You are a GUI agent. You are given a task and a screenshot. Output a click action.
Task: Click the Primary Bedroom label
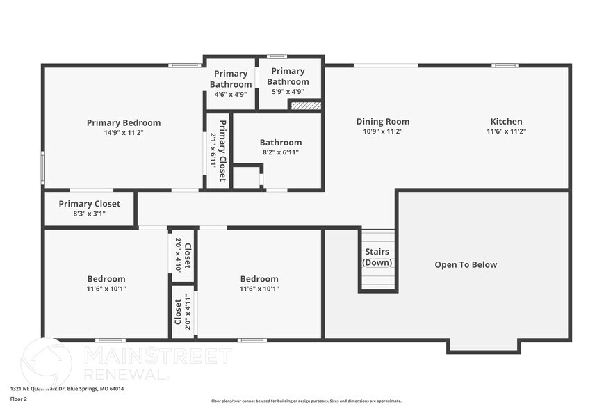point(124,123)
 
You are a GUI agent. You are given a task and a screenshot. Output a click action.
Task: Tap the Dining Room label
point(382,122)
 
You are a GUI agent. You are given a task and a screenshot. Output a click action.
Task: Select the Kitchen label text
point(506,122)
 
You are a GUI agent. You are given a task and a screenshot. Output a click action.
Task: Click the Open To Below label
point(466,264)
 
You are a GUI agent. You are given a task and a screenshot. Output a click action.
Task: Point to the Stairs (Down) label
point(377,257)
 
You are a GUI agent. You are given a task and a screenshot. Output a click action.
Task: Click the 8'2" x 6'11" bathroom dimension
point(280,152)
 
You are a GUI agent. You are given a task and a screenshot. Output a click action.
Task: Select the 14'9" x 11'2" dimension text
point(124,132)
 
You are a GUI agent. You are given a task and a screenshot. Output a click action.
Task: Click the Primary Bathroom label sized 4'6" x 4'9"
point(231,79)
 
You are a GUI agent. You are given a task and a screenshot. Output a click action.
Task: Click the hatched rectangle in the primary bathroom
point(306,106)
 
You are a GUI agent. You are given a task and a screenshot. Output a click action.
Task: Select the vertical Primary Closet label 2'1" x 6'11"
point(218,145)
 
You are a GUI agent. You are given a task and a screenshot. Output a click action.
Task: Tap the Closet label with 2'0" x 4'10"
point(183,255)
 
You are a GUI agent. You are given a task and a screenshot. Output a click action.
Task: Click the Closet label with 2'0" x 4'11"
point(182,311)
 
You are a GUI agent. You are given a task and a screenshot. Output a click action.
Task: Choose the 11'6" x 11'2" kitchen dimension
point(506,131)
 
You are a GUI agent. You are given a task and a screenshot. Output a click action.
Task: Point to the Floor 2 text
point(19,399)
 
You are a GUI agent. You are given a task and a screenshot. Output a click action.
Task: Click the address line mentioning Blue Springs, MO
point(67,389)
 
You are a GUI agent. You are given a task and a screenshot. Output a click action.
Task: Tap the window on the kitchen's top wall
point(505,65)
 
